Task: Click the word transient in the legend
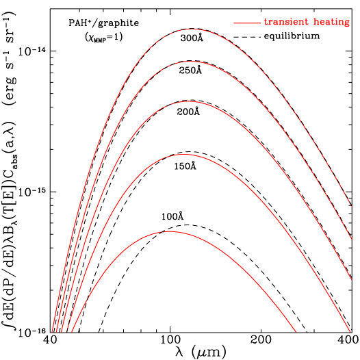286,23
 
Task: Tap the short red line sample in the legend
246,23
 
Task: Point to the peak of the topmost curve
192,29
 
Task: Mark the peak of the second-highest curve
192,62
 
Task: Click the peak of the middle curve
189,101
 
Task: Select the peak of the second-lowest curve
184,155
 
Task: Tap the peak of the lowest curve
169,231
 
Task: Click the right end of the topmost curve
351,204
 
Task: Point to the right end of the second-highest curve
351,239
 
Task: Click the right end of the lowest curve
296,333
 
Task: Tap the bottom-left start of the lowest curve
71,333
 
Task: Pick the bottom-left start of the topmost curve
51,333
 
